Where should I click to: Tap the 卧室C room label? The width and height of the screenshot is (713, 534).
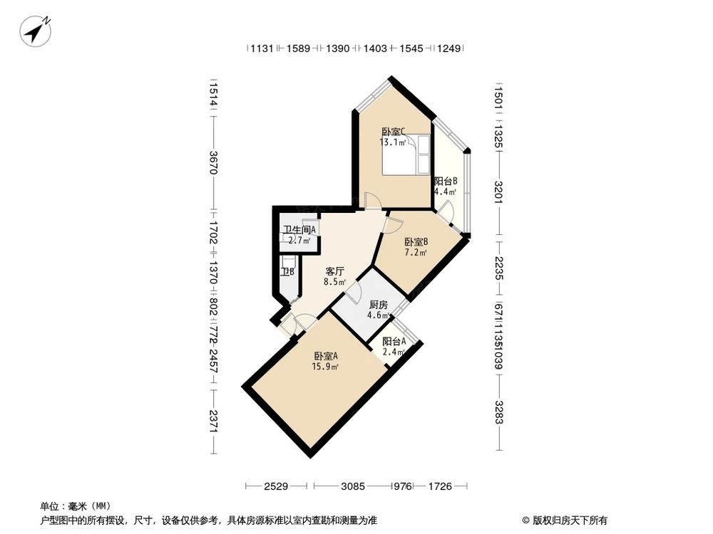tap(393, 132)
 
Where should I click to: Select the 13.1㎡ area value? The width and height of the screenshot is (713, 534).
tap(393, 142)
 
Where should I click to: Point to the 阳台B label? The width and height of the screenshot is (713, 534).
tap(446, 181)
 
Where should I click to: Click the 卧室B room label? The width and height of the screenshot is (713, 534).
tap(416, 241)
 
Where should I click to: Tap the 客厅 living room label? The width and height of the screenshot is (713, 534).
tap(335, 271)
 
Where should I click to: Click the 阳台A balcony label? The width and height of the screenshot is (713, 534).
tap(394, 341)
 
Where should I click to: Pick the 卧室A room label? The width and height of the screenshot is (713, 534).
tap(326, 356)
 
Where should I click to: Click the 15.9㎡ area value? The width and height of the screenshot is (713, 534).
tap(326, 367)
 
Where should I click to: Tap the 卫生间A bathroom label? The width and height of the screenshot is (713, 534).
tap(299, 229)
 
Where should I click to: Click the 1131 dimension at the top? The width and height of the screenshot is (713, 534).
tap(261, 48)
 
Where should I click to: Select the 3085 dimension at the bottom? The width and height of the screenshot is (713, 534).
tap(352, 486)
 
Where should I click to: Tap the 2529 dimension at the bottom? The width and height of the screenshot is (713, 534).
tap(275, 486)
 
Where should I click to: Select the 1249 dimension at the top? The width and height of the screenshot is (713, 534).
tap(449, 48)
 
